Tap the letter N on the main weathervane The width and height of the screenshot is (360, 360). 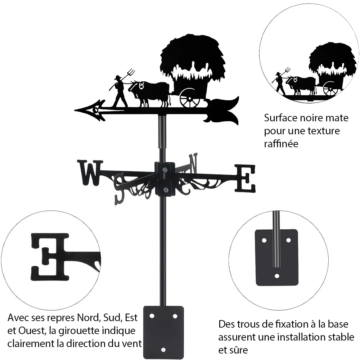(193, 163)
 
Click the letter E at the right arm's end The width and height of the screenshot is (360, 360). (245, 178)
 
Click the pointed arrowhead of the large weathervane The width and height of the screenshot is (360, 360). (90, 110)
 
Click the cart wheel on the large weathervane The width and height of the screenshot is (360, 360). (190, 98)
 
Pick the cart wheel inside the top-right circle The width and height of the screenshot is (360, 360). (330, 89)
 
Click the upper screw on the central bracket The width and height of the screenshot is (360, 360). (165, 170)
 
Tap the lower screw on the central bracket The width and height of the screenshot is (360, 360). (165, 190)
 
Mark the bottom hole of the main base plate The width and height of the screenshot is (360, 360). (163, 350)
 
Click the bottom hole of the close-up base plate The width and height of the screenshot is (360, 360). (277, 276)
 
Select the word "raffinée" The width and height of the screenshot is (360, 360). (281, 144)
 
